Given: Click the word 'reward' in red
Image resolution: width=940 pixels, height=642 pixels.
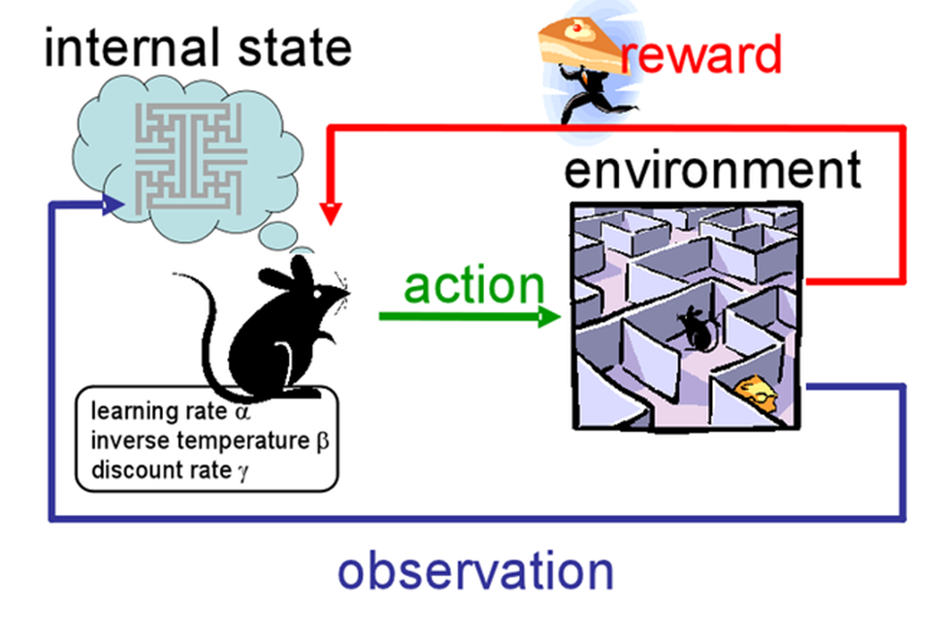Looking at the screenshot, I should [x=701, y=55].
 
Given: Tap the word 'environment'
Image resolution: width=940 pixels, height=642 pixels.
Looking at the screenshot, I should [x=712, y=172].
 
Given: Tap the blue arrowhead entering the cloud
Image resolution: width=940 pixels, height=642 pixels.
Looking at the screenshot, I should [x=114, y=204].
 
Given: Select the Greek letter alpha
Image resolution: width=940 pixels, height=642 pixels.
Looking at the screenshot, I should [x=243, y=411].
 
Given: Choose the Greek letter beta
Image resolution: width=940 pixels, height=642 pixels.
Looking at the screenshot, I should [x=323, y=441].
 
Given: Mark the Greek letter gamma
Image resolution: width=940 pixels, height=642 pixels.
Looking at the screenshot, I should [x=257, y=471].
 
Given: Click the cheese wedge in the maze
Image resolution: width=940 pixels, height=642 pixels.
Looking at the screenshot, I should [x=756, y=394].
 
